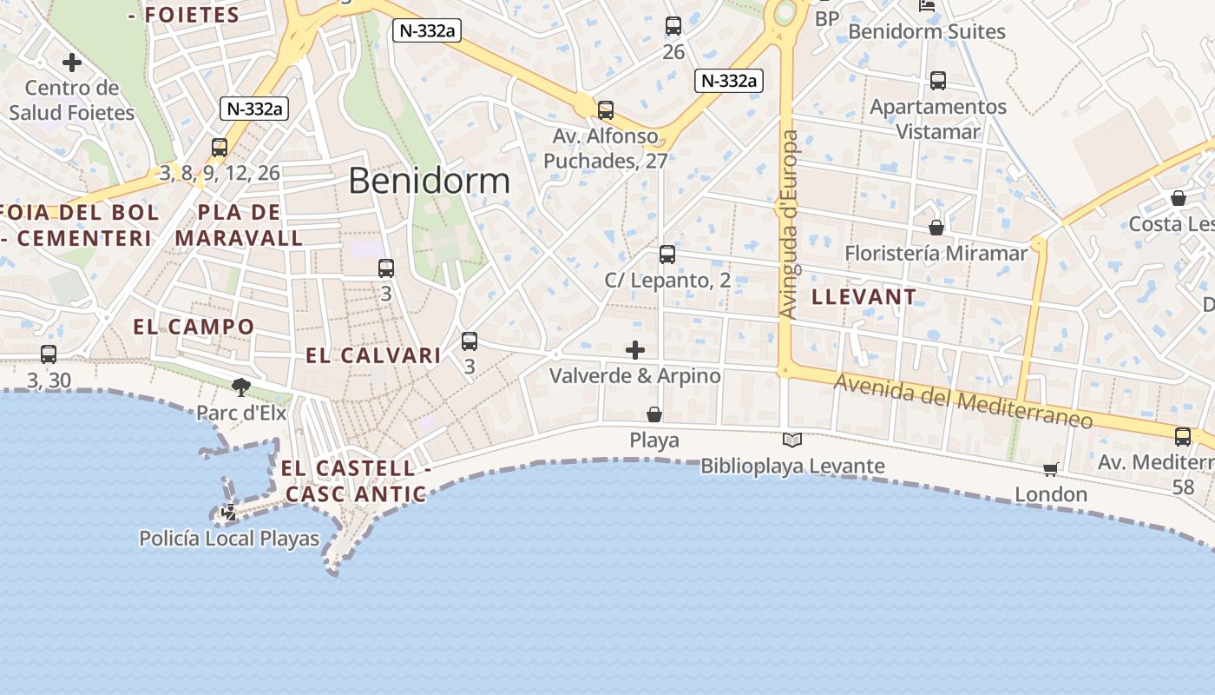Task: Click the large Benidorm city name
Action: click(429, 181)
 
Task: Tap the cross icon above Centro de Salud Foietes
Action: click(72, 63)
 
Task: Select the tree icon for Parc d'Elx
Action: click(241, 387)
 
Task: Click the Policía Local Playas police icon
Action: click(229, 513)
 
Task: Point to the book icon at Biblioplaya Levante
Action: click(792, 440)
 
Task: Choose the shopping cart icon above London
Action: click(1050, 470)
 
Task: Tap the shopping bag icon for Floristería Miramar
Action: click(936, 228)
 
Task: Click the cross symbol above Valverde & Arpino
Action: click(635, 350)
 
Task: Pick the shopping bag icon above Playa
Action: click(654, 415)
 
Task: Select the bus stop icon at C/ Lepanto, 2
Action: click(667, 255)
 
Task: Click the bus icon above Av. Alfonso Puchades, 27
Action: click(606, 110)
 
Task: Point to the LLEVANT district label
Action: click(864, 297)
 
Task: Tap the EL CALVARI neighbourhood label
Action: click(373, 355)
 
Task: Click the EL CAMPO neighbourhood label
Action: click(194, 328)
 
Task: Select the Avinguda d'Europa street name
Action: click(789, 224)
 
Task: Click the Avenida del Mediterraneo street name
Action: click(962, 400)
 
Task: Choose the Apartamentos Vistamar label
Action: click(938, 119)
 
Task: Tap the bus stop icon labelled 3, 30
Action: click(49, 354)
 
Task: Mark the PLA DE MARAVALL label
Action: click(239, 225)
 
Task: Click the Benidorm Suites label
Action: click(927, 32)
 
